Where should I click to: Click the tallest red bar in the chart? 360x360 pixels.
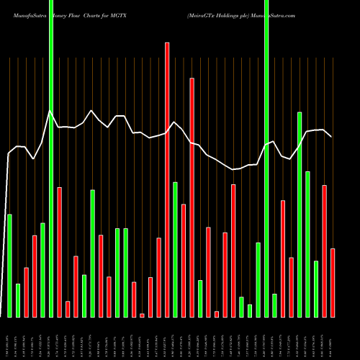click(167, 180)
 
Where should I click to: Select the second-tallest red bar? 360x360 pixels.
click(192, 198)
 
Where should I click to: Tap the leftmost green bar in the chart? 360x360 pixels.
click(9, 266)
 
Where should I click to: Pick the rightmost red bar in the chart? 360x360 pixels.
click(333, 282)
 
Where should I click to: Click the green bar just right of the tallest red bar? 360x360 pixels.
click(175, 249)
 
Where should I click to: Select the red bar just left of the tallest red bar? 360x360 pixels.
click(158, 277)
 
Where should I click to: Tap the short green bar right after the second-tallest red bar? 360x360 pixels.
click(200, 298)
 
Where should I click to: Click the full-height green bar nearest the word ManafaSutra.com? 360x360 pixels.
click(266, 158)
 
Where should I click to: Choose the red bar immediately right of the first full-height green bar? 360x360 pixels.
click(59, 252)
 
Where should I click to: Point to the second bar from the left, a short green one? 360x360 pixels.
click(18, 300)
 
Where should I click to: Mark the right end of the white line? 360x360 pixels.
click(331, 137)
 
